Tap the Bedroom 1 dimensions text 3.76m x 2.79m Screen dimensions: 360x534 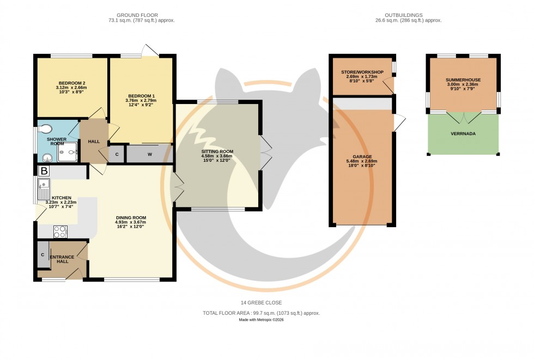[x=141, y=100]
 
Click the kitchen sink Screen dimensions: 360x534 [x=44, y=190]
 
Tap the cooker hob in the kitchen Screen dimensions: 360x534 [x=60, y=231]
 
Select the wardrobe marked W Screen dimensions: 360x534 [x=149, y=154]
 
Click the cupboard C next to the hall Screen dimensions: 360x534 [x=117, y=154]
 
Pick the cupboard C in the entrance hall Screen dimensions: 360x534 [x=43, y=255]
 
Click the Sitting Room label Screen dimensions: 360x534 [x=217, y=151]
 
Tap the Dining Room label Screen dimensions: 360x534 [x=131, y=217]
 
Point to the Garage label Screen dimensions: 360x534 [x=361, y=156]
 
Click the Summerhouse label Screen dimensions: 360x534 [x=463, y=80]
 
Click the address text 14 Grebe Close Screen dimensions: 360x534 [x=262, y=303]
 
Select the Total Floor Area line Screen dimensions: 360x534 [x=262, y=313]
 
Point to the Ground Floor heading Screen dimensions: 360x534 [x=133, y=15]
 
